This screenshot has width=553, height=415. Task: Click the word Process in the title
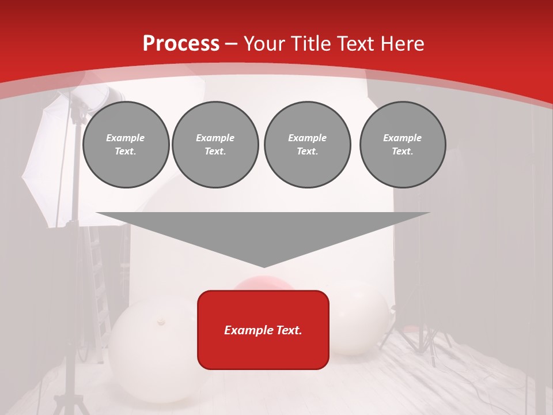pos(181,44)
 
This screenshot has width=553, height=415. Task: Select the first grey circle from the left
pos(126,145)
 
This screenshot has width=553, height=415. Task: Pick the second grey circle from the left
pos(215,145)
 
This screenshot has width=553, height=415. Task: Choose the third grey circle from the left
pos(307,145)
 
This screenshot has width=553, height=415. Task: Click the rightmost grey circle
pos(402,145)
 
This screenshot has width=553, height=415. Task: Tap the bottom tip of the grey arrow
pos(264,266)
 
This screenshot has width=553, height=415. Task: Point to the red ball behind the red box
pos(262,284)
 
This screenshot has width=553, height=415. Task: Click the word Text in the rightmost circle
pos(402,152)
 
